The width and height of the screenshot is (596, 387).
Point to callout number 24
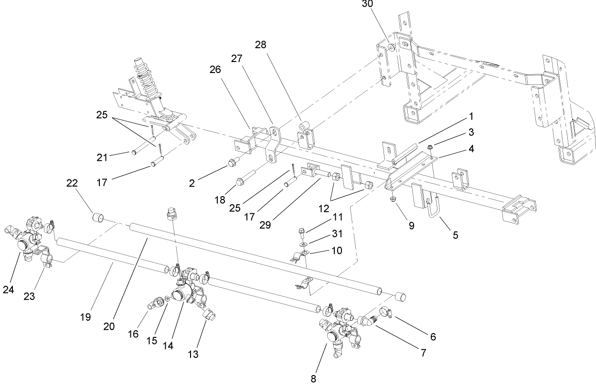point(9,289)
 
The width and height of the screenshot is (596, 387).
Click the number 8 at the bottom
point(313,379)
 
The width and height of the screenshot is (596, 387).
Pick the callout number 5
point(455,235)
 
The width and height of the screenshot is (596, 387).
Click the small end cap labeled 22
point(98,218)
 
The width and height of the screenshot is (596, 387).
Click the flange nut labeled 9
point(394,198)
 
